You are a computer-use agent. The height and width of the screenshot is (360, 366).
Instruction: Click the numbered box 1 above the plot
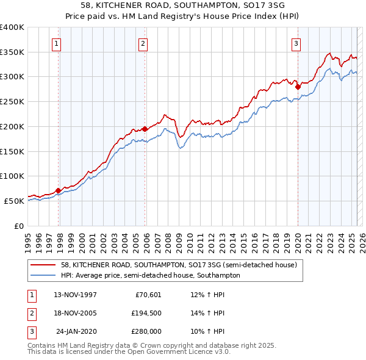(56, 43)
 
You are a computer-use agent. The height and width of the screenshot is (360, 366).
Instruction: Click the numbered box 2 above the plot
(143, 43)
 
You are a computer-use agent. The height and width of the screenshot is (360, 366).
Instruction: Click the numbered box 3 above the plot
(296, 43)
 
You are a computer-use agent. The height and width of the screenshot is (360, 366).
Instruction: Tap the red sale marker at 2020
(298, 87)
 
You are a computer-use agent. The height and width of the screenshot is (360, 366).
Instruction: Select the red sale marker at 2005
(145, 129)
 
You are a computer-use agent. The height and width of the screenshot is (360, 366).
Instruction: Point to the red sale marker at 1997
(59, 190)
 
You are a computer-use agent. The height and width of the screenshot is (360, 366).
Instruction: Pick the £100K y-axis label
(12, 176)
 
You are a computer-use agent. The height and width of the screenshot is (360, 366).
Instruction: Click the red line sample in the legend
(43, 265)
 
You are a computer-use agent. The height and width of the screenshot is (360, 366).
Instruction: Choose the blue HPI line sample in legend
(43, 276)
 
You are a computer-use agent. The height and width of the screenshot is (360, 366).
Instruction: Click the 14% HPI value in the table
(208, 313)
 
